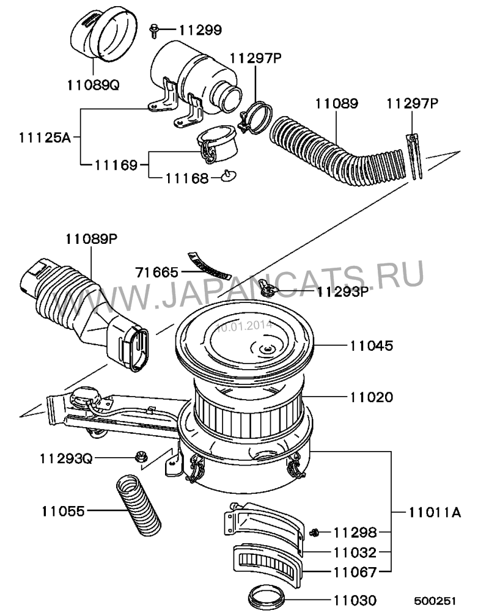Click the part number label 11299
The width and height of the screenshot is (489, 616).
click(200, 30)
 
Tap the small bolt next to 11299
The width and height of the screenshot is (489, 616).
click(154, 31)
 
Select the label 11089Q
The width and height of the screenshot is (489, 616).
click(93, 84)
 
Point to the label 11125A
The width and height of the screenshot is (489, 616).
click(45, 137)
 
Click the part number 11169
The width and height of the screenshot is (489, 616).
click(116, 165)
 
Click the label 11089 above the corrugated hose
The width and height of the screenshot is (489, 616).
click(337, 104)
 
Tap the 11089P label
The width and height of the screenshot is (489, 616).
click(91, 238)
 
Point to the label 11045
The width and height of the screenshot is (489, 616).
click(372, 346)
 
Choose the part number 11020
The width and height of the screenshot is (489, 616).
click(372, 397)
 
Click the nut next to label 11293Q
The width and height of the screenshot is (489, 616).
click(139, 457)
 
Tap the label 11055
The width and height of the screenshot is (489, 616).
click(63, 511)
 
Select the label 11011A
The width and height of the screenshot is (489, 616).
click(435, 512)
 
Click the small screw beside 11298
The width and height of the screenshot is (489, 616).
click(314, 533)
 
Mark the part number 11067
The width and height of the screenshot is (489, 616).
click(355, 572)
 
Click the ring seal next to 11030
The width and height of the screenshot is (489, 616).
click(267, 596)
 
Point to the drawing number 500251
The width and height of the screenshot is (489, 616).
click(435, 601)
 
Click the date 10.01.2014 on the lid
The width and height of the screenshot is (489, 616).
click(244, 326)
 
